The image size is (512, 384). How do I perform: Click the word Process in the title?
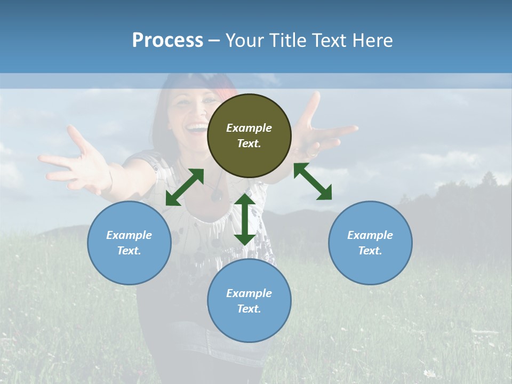167,41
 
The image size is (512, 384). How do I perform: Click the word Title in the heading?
287,41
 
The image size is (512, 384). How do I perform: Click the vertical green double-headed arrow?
245,219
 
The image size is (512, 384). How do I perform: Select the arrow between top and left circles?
185,187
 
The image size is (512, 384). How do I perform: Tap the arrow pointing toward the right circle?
313,181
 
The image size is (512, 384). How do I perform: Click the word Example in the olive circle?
249,128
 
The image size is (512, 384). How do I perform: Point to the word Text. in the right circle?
370,251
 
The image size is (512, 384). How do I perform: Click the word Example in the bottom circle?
249,293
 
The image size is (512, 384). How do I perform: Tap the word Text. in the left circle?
129,251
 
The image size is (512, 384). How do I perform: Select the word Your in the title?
246,41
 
